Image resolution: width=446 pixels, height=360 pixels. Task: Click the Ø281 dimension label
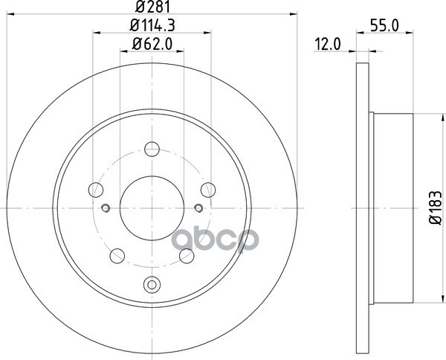point(152,7)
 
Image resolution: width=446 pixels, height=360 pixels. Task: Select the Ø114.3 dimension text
point(152,25)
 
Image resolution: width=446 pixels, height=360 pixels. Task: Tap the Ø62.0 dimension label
point(152,44)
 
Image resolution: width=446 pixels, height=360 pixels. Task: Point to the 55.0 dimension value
point(385,25)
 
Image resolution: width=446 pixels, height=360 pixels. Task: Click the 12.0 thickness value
point(327,45)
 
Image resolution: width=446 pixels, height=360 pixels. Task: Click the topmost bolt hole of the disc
point(152,149)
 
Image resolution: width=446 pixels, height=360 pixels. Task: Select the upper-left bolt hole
point(96,190)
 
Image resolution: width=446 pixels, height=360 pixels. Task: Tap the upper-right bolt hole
point(208,190)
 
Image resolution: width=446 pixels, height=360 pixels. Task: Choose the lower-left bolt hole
point(117,256)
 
